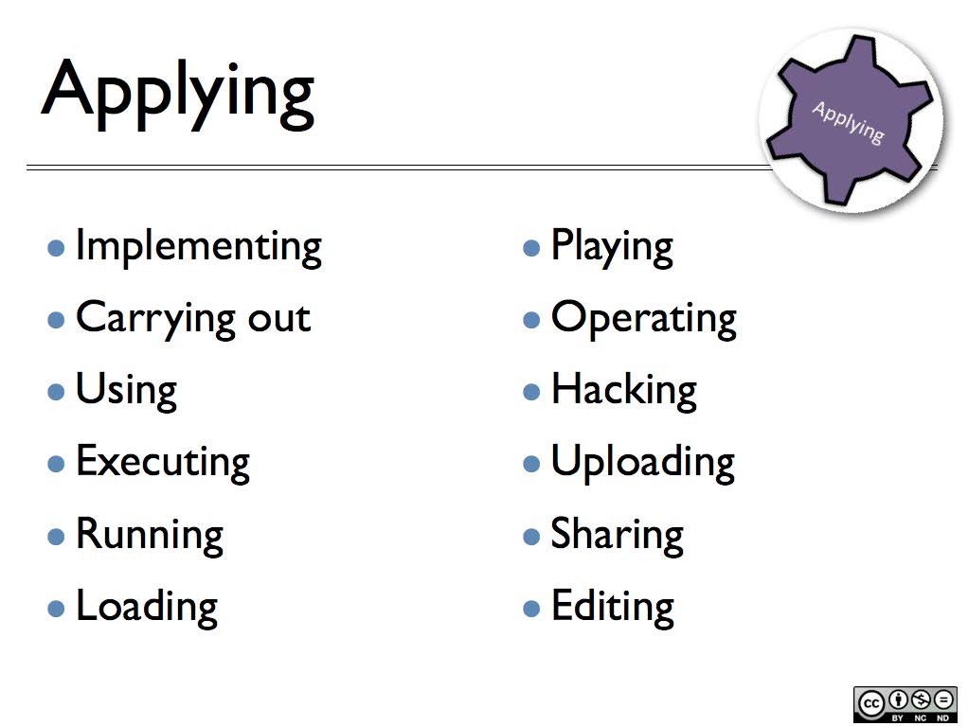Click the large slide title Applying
click(x=178, y=92)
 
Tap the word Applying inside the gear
click(x=848, y=122)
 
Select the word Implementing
click(x=198, y=247)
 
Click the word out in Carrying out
click(x=278, y=318)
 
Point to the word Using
click(x=126, y=390)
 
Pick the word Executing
click(x=162, y=462)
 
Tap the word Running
click(x=149, y=534)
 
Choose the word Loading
click(x=146, y=606)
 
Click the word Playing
click(x=612, y=247)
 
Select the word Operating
click(x=643, y=319)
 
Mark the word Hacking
click(x=623, y=390)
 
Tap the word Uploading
click(x=642, y=462)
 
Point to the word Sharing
click(x=617, y=535)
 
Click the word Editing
click(x=612, y=606)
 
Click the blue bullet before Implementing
click(x=57, y=249)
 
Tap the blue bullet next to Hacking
click(x=531, y=392)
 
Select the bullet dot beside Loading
click(x=57, y=608)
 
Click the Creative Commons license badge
click(x=905, y=703)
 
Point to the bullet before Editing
click(x=531, y=608)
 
